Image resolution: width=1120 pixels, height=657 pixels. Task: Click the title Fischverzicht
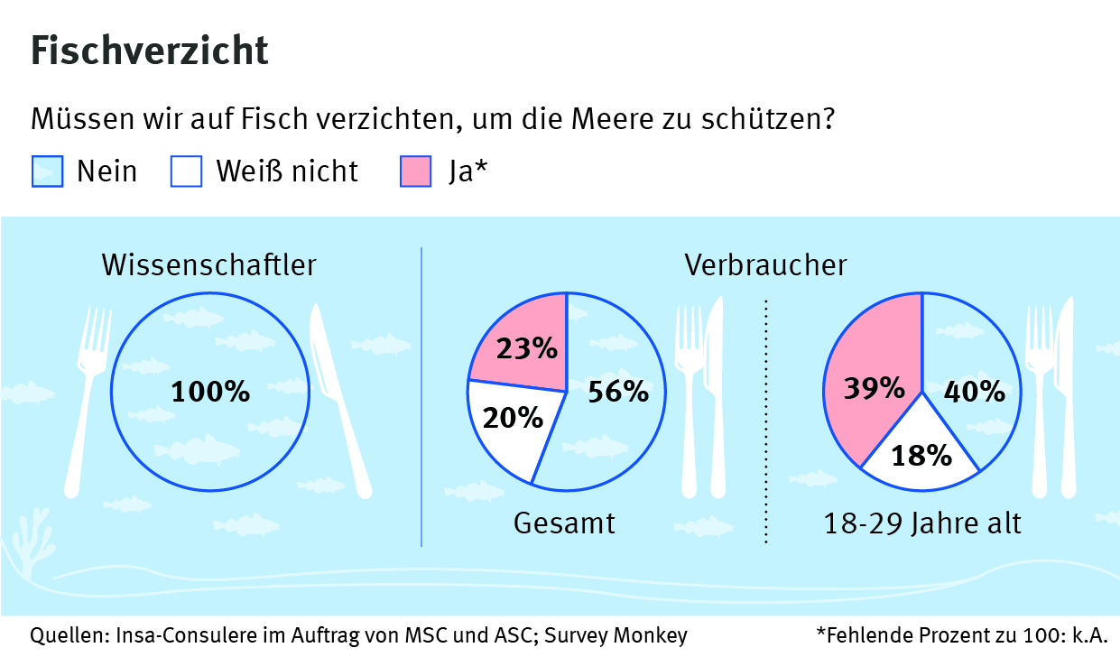[x=150, y=51]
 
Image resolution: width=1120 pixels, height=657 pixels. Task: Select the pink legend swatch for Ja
[x=415, y=171]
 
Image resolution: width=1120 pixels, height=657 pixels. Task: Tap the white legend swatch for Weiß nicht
[x=186, y=171]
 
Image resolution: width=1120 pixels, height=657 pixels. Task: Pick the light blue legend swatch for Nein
[x=48, y=171]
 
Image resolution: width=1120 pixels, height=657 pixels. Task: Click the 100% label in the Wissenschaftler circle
[x=210, y=392]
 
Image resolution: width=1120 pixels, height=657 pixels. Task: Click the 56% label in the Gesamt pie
[x=618, y=392]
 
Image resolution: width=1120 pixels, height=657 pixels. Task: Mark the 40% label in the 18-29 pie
[x=974, y=392]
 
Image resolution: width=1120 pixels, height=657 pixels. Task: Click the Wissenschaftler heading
[x=209, y=265]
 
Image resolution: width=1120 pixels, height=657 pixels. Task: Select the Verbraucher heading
[x=765, y=265]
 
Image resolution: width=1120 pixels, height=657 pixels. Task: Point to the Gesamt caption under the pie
[x=565, y=523]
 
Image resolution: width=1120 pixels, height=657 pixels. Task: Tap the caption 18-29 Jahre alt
[x=922, y=523]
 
